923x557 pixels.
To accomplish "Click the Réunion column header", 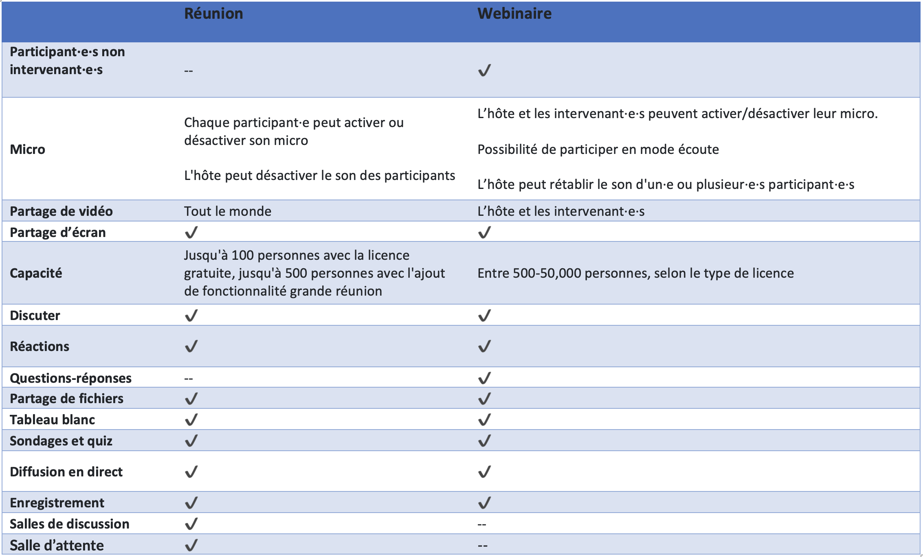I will (x=213, y=13).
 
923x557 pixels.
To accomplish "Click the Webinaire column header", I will (x=514, y=13).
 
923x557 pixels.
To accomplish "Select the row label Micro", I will (x=27, y=149).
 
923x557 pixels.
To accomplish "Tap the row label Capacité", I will (x=36, y=273).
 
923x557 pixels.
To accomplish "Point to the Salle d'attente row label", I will (x=57, y=545).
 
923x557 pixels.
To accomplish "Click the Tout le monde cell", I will (x=227, y=211).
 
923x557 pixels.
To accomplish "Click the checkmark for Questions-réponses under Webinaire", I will (x=484, y=378).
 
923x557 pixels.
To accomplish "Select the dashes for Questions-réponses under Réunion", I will (x=188, y=379).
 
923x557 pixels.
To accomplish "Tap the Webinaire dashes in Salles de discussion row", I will (x=482, y=524).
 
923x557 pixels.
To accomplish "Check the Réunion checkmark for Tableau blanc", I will (x=191, y=419).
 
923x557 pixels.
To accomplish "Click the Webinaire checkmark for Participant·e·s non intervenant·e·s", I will (x=484, y=70).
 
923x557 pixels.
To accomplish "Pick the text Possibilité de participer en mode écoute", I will (x=598, y=149).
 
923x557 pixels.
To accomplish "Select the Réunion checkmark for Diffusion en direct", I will (x=191, y=471).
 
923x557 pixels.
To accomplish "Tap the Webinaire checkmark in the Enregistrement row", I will (x=484, y=502).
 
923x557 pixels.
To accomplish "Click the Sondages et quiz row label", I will (x=61, y=441).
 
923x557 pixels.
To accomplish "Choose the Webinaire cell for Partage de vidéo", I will (x=560, y=211).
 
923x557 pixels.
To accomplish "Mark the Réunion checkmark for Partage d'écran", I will (x=191, y=232).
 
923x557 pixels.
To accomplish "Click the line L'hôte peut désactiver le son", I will (x=319, y=175).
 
